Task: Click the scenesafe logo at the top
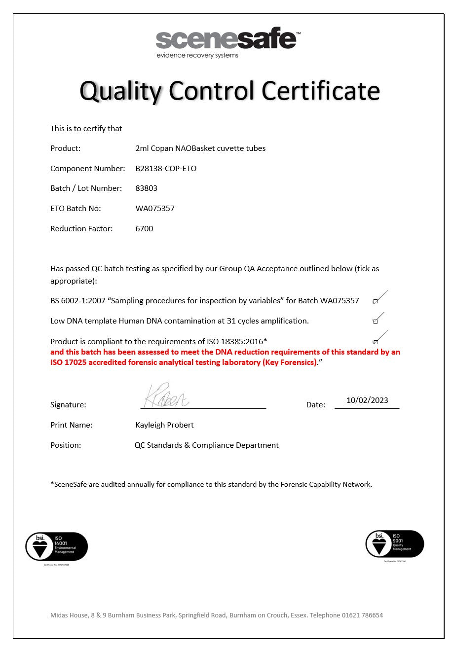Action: [227, 39]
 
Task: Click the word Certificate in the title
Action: [321, 91]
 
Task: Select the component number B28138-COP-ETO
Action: [166, 169]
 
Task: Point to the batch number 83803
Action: [147, 188]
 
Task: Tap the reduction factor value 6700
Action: [144, 229]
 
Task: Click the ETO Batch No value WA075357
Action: [155, 209]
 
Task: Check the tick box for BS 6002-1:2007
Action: [376, 301]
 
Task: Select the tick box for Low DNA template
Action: [376, 321]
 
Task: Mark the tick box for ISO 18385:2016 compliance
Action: [376, 342]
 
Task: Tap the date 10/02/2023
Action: [367, 400]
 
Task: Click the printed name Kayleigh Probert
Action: [164, 425]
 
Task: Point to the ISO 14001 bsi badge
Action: [56, 546]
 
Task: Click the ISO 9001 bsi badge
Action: [395, 544]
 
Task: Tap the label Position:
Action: [66, 445]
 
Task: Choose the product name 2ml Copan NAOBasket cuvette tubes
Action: [200, 148]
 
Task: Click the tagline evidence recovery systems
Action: [197, 55]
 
